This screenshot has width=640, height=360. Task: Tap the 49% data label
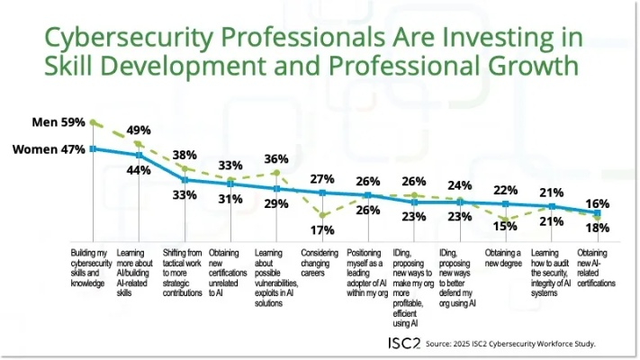(139, 130)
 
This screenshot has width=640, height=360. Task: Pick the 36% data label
(276, 160)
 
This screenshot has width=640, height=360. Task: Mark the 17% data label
(322, 229)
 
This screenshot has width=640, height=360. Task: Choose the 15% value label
(506, 225)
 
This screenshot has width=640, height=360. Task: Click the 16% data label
(598, 203)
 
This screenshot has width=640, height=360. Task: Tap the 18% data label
(598, 228)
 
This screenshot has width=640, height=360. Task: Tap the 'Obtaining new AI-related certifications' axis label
(598, 267)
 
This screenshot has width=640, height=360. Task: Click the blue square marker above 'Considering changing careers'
(322, 193)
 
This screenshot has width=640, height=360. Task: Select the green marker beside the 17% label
(322, 214)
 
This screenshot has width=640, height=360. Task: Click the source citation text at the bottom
(510, 344)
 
